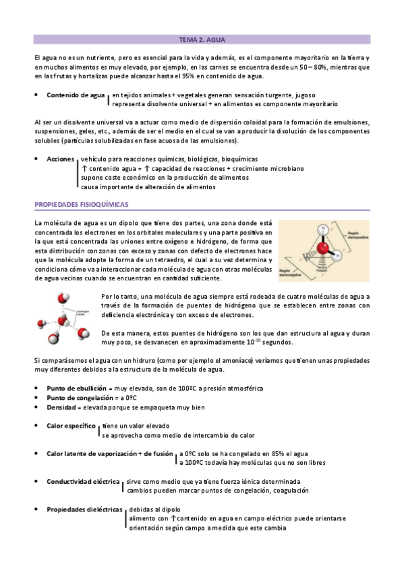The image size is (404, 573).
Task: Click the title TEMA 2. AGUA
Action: [202, 40]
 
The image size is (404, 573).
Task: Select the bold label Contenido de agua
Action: [76, 95]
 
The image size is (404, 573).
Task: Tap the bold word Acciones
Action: [61, 159]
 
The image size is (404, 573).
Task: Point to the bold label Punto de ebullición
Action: [78, 389]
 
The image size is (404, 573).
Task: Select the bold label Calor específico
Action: [71, 426]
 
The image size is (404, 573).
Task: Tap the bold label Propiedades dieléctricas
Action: [84, 509]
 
